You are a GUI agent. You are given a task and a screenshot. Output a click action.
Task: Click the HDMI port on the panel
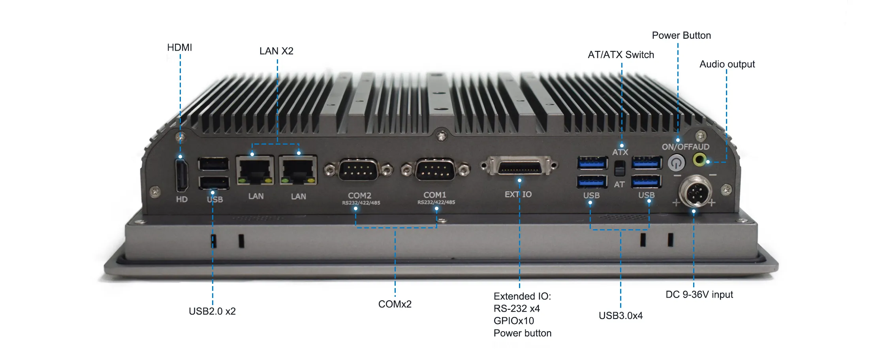coord(182,175)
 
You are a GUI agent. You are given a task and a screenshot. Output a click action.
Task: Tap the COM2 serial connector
coord(358,170)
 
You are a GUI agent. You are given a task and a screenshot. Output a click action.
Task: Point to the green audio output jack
coord(700,160)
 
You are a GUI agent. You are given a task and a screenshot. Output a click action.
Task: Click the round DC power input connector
coord(696,192)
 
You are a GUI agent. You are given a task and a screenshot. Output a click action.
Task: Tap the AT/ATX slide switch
coord(620,168)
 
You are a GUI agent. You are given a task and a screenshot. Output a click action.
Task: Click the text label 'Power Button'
coord(681,36)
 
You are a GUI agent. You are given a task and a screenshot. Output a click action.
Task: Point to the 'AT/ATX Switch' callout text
coord(620,55)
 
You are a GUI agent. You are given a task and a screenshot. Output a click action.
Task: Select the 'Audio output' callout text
coord(727,64)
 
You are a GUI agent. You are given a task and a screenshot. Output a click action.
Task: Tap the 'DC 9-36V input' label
coord(699,295)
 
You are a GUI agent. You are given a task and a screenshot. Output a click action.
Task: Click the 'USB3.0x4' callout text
coord(620,316)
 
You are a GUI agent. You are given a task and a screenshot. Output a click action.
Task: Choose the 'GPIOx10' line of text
coord(513,321)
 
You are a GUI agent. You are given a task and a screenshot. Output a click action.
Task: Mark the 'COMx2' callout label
coord(395,304)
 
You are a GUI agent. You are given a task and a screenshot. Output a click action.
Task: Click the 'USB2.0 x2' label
coord(212,311)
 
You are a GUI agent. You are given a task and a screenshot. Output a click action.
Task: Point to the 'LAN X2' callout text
coord(276,51)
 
